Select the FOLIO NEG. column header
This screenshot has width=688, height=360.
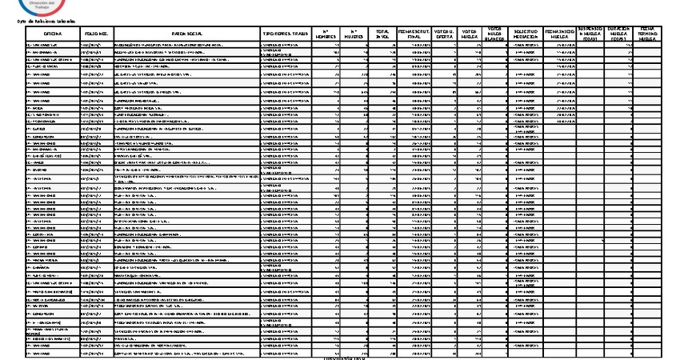(97, 34)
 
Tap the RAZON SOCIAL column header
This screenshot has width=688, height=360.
(186, 34)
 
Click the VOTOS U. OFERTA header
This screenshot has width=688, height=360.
(445, 34)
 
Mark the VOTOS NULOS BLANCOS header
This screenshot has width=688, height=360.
(495, 34)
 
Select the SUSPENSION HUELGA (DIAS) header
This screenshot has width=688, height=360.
(591, 34)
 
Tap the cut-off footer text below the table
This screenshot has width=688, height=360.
(344, 357)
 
